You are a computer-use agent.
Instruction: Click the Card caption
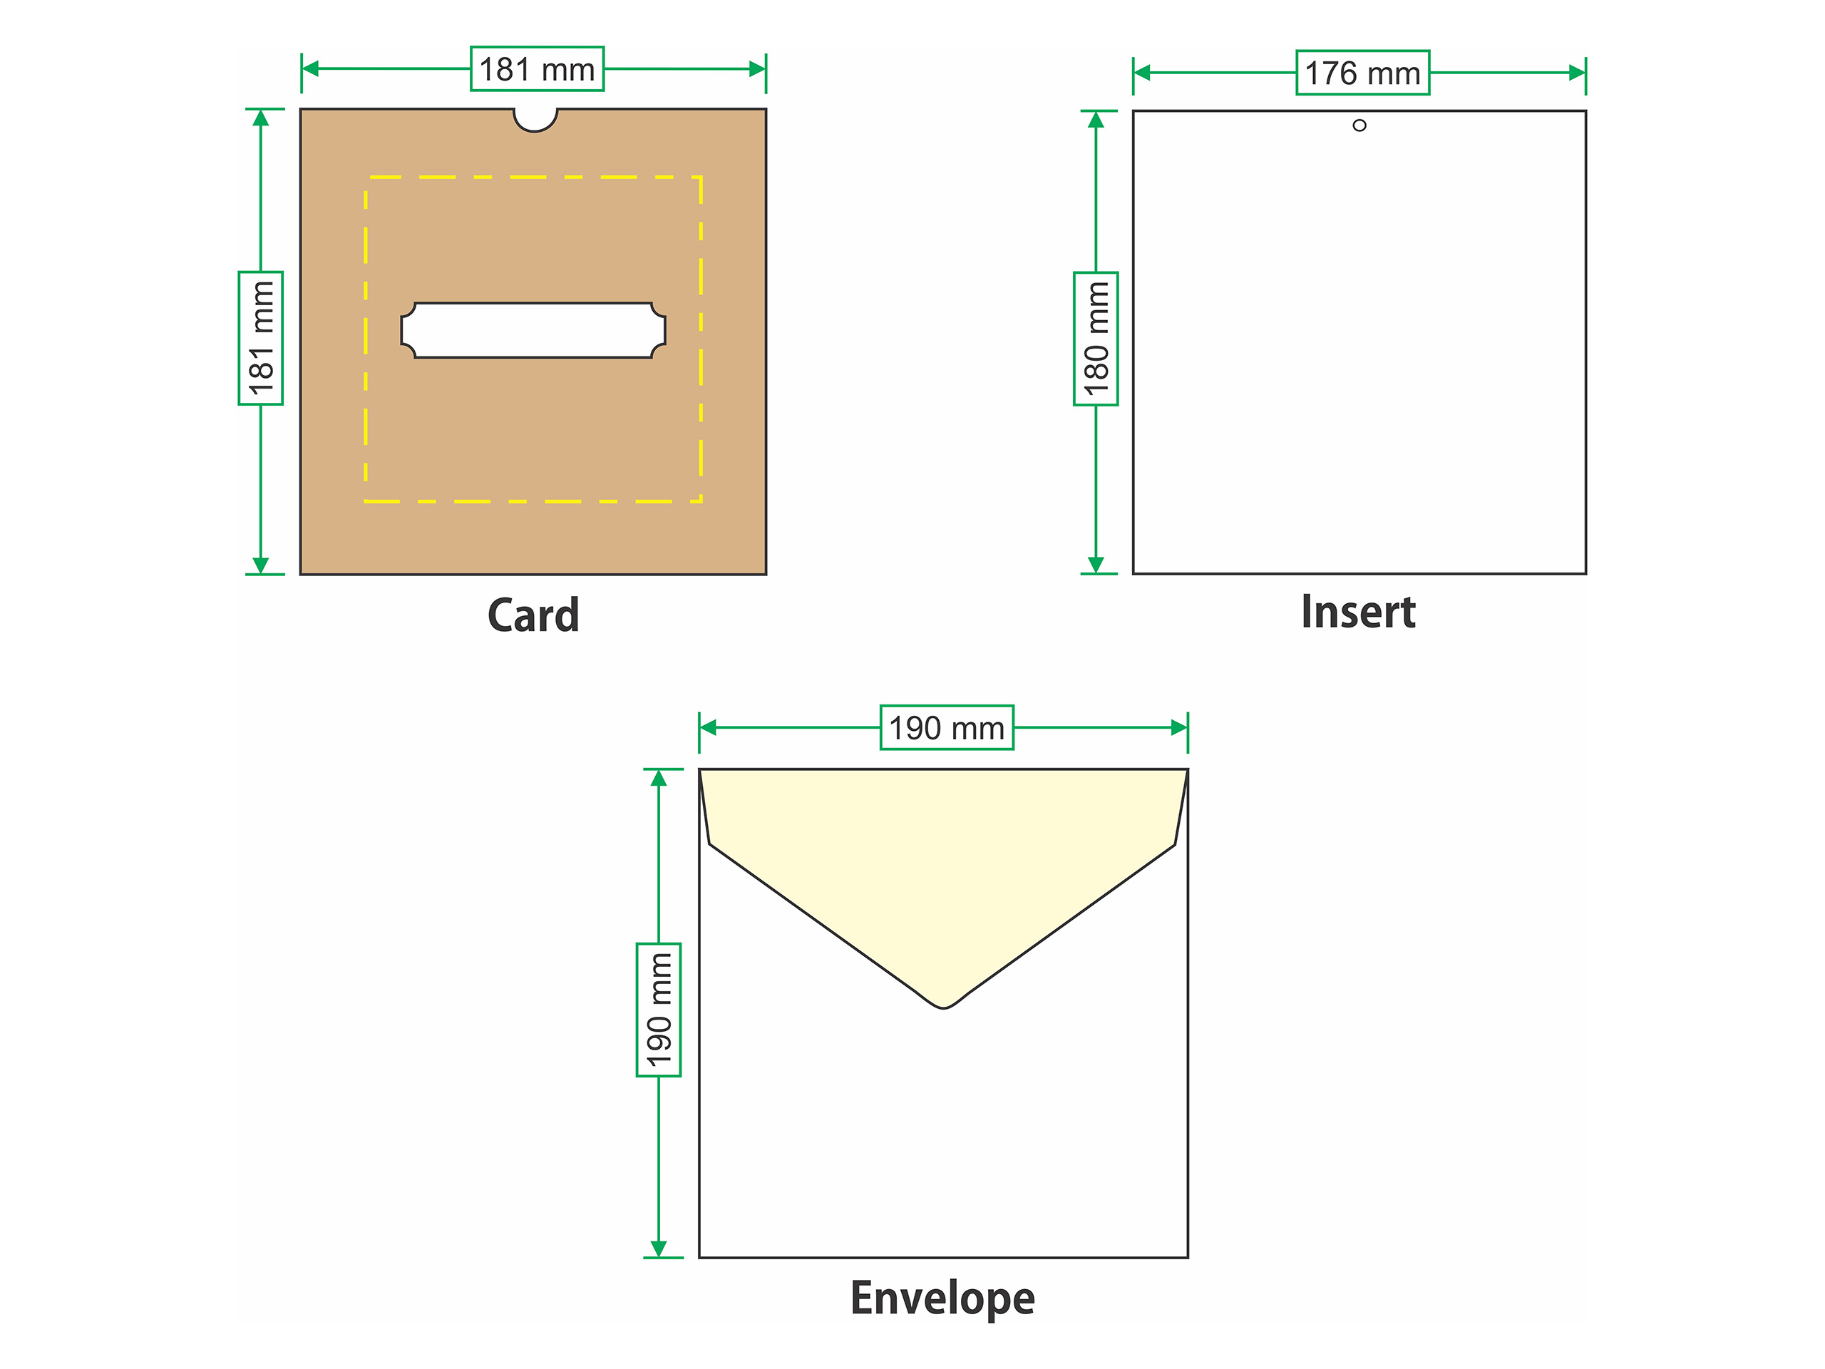pos(533,615)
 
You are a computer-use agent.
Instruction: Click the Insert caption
pos(1358,612)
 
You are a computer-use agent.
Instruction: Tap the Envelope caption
pos(942,1300)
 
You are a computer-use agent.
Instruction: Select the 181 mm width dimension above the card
pos(537,69)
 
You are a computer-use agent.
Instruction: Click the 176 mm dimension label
pos(1363,73)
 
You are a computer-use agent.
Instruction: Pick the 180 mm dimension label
pos(1096,339)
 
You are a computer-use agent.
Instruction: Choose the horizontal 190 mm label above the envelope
pos(947,728)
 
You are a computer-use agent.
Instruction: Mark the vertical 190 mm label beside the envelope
pos(659,1009)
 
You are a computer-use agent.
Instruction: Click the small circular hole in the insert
pos(1359,125)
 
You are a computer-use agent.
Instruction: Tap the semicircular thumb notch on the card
pos(535,121)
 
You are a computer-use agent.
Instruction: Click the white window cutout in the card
pos(533,330)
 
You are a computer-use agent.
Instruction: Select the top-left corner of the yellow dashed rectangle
pos(366,178)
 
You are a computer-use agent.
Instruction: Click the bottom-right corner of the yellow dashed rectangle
pos(701,501)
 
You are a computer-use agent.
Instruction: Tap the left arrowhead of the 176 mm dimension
pos(1142,73)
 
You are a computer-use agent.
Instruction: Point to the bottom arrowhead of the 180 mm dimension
pos(1096,565)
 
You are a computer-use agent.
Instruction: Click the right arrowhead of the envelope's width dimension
pos(1180,728)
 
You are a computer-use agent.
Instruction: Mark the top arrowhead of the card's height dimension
pos(261,118)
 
